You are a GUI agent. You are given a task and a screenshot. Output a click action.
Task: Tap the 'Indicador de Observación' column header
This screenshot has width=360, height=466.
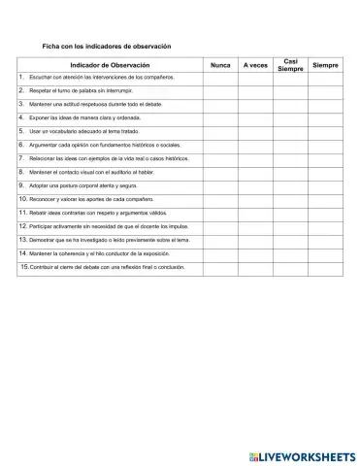(110, 64)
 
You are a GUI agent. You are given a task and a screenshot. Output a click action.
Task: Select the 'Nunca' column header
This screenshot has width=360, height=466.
(219, 64)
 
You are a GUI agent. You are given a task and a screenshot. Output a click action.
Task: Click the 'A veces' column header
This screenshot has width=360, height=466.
(255, 64)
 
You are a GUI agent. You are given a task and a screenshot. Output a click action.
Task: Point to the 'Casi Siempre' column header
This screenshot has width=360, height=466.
(290, 64)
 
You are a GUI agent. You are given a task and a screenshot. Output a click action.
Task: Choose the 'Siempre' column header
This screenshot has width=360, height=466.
(326, 64)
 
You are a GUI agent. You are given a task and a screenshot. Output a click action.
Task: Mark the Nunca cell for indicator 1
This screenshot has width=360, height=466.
(219, 76)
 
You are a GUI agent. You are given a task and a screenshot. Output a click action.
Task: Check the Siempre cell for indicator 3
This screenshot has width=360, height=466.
(326, 103)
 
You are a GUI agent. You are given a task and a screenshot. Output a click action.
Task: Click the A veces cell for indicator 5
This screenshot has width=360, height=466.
(255, 130)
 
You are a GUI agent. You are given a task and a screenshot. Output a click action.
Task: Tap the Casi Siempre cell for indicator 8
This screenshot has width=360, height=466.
(290, 171)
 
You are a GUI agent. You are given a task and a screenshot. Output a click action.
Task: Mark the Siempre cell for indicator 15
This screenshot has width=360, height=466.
(326, 266)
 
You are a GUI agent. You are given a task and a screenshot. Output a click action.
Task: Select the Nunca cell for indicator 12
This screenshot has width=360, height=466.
(219, 225)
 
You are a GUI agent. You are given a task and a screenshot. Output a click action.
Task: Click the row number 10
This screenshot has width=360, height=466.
(23, 198)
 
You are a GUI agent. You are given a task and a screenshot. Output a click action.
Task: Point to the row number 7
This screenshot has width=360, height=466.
(21, 157)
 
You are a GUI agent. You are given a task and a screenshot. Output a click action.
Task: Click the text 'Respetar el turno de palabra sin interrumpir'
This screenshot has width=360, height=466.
(82, 89)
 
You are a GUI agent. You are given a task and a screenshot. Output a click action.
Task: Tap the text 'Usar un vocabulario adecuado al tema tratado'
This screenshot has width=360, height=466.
(84, 130)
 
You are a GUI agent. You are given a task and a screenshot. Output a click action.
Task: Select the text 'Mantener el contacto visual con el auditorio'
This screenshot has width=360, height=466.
(91, 171)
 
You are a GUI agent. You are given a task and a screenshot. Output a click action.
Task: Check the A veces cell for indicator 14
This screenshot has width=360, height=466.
(255, 252)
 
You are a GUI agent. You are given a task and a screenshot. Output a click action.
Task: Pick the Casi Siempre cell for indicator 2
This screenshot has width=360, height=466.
(290, 89)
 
